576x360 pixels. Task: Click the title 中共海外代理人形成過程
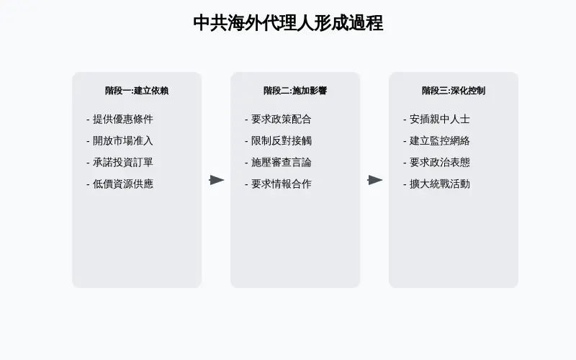pos(288,23)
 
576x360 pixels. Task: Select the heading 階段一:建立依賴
pos(137,91)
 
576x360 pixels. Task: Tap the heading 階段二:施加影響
pos(295,91)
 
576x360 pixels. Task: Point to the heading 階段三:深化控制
pos(454,91)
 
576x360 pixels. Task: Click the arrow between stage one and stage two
pos(217,180)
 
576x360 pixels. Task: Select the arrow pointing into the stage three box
pos(375,180)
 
